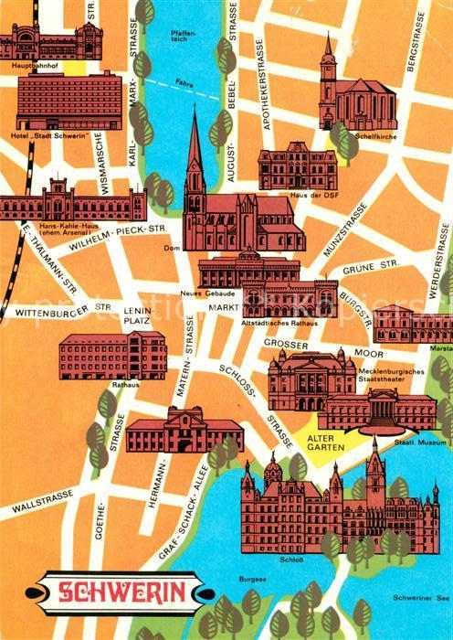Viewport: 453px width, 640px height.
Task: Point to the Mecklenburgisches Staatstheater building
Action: click(x=311, y=379)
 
